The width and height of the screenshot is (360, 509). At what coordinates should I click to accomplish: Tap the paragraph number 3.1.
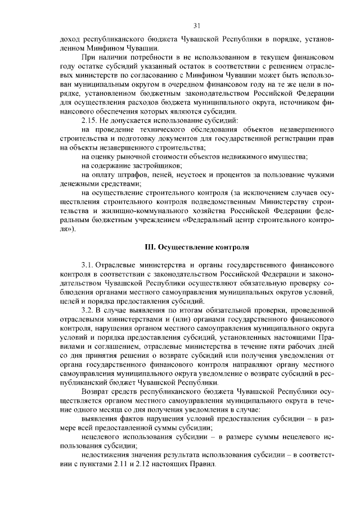coord(88,264)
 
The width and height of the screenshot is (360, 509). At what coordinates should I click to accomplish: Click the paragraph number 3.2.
coord(88,310)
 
